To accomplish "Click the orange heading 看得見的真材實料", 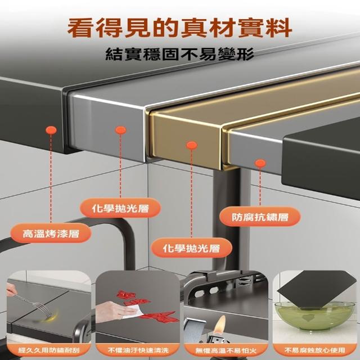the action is click(179, 29).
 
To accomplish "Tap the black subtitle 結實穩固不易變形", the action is click(179, 54).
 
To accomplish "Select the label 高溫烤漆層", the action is click(51, 233).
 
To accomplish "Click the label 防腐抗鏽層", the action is click(260, 217).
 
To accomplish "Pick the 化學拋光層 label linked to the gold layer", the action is click(191, 248).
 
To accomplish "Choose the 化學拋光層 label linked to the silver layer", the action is click(120, 208).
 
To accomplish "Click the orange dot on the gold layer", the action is click(192, 145).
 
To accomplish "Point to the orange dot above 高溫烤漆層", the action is click(51, 130).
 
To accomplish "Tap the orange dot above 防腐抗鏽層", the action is click(260, 163).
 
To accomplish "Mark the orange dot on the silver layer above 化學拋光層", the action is click(121, 130).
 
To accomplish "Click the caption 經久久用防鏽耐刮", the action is click(49, 350).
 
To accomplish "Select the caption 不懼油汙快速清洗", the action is click(138, 350).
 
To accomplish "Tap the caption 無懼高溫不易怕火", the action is click(226, 350).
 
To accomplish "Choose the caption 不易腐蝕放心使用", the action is click(315, 350).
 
